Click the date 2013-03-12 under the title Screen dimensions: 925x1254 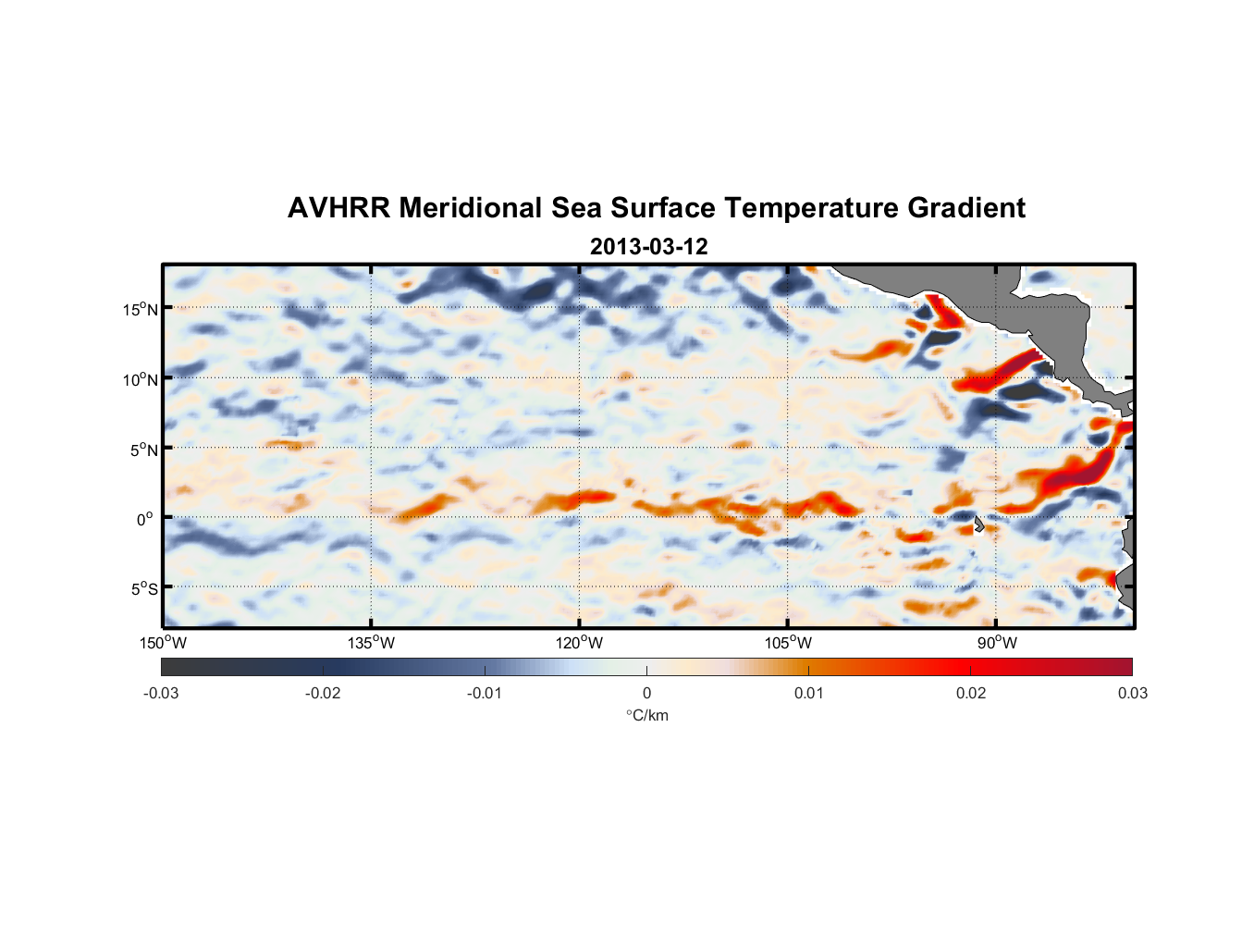[648, 247]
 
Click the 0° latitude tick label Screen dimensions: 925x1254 [145, 520]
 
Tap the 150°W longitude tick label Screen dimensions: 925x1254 [163, 643]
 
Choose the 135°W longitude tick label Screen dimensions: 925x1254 [371, 643]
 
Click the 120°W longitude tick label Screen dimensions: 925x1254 [579, 643]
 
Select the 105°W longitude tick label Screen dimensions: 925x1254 [788, 643]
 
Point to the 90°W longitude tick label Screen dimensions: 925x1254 [997, 643]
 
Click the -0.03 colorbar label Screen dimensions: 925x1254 [161, 693]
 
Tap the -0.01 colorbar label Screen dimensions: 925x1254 [485, 693]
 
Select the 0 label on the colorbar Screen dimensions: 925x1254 [646, 693]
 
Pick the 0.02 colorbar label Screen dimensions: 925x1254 [971, 693]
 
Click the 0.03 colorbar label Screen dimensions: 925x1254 [1132, 693]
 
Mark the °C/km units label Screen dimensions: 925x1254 [646, 715]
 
